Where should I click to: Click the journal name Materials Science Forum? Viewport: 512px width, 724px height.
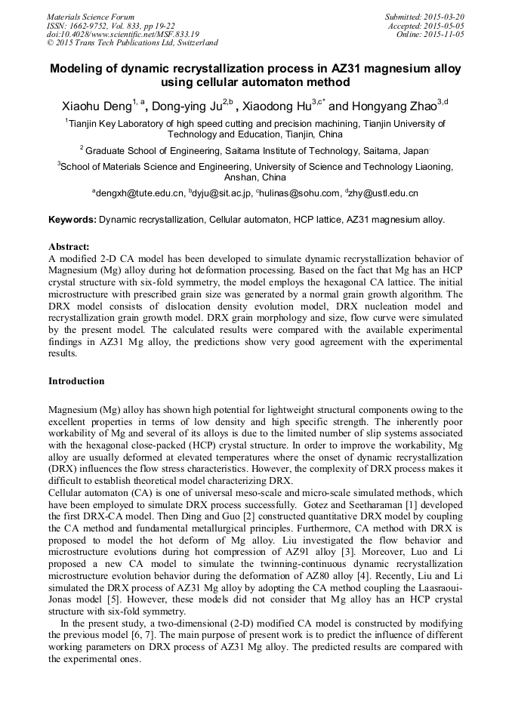point(91,17)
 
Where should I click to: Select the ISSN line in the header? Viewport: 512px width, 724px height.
point(112,26)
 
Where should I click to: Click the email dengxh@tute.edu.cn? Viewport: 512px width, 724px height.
point(139,193)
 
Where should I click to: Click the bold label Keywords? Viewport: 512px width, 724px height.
point(72,220)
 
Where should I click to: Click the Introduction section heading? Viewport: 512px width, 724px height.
point(76,381)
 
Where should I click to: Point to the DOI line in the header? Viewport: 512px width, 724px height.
point(123,34)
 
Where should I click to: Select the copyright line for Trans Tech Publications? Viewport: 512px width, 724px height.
point(132,43)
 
